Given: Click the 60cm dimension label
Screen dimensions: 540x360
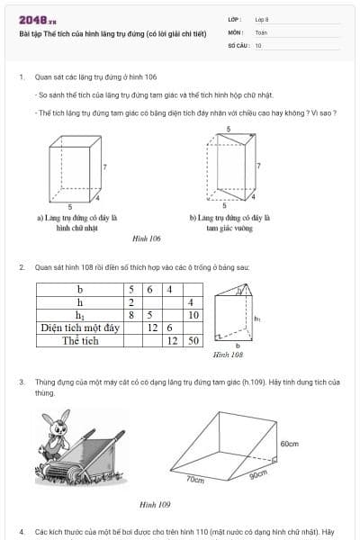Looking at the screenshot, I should coord(289,444).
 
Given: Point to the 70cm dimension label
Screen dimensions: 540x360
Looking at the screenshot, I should coord(195,481).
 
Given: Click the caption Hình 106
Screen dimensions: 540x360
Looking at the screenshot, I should coord(146,238).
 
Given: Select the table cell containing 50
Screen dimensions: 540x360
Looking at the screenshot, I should coord(192,341).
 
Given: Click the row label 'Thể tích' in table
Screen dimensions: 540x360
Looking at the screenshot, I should coord(79,341).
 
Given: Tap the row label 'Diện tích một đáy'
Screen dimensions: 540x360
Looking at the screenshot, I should coord(79,328).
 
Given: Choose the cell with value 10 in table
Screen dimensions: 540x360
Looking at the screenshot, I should coord(192,316).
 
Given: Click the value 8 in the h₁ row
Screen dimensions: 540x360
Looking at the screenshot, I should coord(132,316).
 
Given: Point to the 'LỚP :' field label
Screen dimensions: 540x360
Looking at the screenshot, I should coord(236,19).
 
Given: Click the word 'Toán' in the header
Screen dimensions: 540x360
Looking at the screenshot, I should coord(261,31).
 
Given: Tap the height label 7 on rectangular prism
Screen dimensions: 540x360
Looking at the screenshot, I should coord(104,167).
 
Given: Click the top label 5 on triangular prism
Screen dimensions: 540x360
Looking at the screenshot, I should coord(228,129).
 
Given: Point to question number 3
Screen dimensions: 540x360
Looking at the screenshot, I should coord(22,382).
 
